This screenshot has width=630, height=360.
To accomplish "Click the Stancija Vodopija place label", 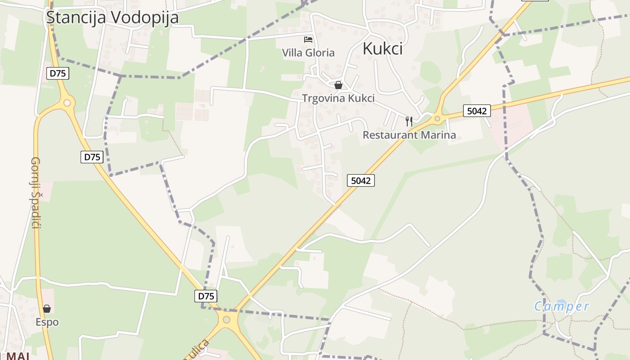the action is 112,17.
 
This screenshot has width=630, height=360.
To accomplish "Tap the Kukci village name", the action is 382,49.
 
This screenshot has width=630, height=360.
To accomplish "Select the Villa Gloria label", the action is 308,53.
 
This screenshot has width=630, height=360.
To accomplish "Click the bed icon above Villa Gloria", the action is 308,40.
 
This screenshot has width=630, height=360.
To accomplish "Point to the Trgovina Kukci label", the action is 338,98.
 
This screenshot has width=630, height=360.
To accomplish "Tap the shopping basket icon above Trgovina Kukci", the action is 338,85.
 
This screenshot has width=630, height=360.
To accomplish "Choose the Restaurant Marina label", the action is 409,135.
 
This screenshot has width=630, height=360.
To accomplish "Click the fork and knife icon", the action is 409,121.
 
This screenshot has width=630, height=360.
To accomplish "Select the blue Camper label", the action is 562,306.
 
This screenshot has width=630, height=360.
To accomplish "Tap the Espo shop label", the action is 47,322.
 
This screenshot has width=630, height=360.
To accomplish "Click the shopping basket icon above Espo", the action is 47,309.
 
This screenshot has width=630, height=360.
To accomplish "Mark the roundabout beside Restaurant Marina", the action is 436,119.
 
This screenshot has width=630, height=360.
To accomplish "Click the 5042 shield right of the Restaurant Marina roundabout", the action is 477,111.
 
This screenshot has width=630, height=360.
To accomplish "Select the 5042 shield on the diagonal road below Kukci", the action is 361,180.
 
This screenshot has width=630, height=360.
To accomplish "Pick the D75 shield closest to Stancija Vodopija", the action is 58,73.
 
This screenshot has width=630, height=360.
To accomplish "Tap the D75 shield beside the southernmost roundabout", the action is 206,296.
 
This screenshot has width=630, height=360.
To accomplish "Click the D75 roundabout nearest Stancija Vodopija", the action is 67,103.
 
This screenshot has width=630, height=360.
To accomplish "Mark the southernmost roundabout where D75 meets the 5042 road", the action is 226,320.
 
